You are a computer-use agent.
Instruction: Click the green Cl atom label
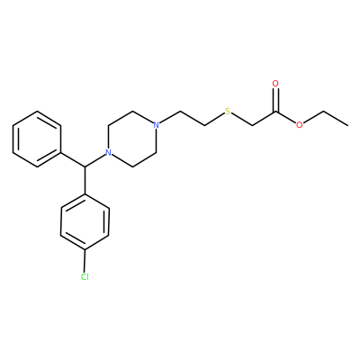pyautogui.click(x=85, y=276)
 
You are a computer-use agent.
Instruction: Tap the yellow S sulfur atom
pyautogui.click(x=228, y=112)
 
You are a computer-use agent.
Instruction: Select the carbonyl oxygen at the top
pyautogui.click(x=275, y=84)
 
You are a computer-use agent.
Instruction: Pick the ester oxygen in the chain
pyautogui.click(x=300, y=125)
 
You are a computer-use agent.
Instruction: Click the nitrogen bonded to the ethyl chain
pyautogui.click(x=156, y=125)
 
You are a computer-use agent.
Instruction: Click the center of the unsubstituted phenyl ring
pyautogui.click(x=37, y=139)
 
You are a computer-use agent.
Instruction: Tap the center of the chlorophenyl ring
pyautogui.click(x=85, y=221)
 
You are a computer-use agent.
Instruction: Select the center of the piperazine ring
pyautogui.click(x=132, y=139)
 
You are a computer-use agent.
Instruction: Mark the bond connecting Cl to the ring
pyautogui.click(x=85, y=261)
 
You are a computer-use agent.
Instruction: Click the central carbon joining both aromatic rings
pyautogui.click(x=85, y=166)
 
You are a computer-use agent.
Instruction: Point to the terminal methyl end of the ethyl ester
pyautogui.click(x=348, y=125)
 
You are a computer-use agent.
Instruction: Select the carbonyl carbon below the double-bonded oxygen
pyautogui.click(x=275, y=112)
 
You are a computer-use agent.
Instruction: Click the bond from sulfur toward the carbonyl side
pyautogui.click(x=241, y=120)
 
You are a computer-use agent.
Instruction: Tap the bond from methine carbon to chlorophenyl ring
pyautogui.click(x=85, y=180)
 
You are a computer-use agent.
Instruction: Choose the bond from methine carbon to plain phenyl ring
pyautogui.click(x=73, y=159)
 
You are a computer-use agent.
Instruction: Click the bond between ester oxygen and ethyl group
pyautogui.click(x=313, y=117)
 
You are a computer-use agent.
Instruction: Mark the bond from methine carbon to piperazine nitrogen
pyautogui.click(x=94, y=161)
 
